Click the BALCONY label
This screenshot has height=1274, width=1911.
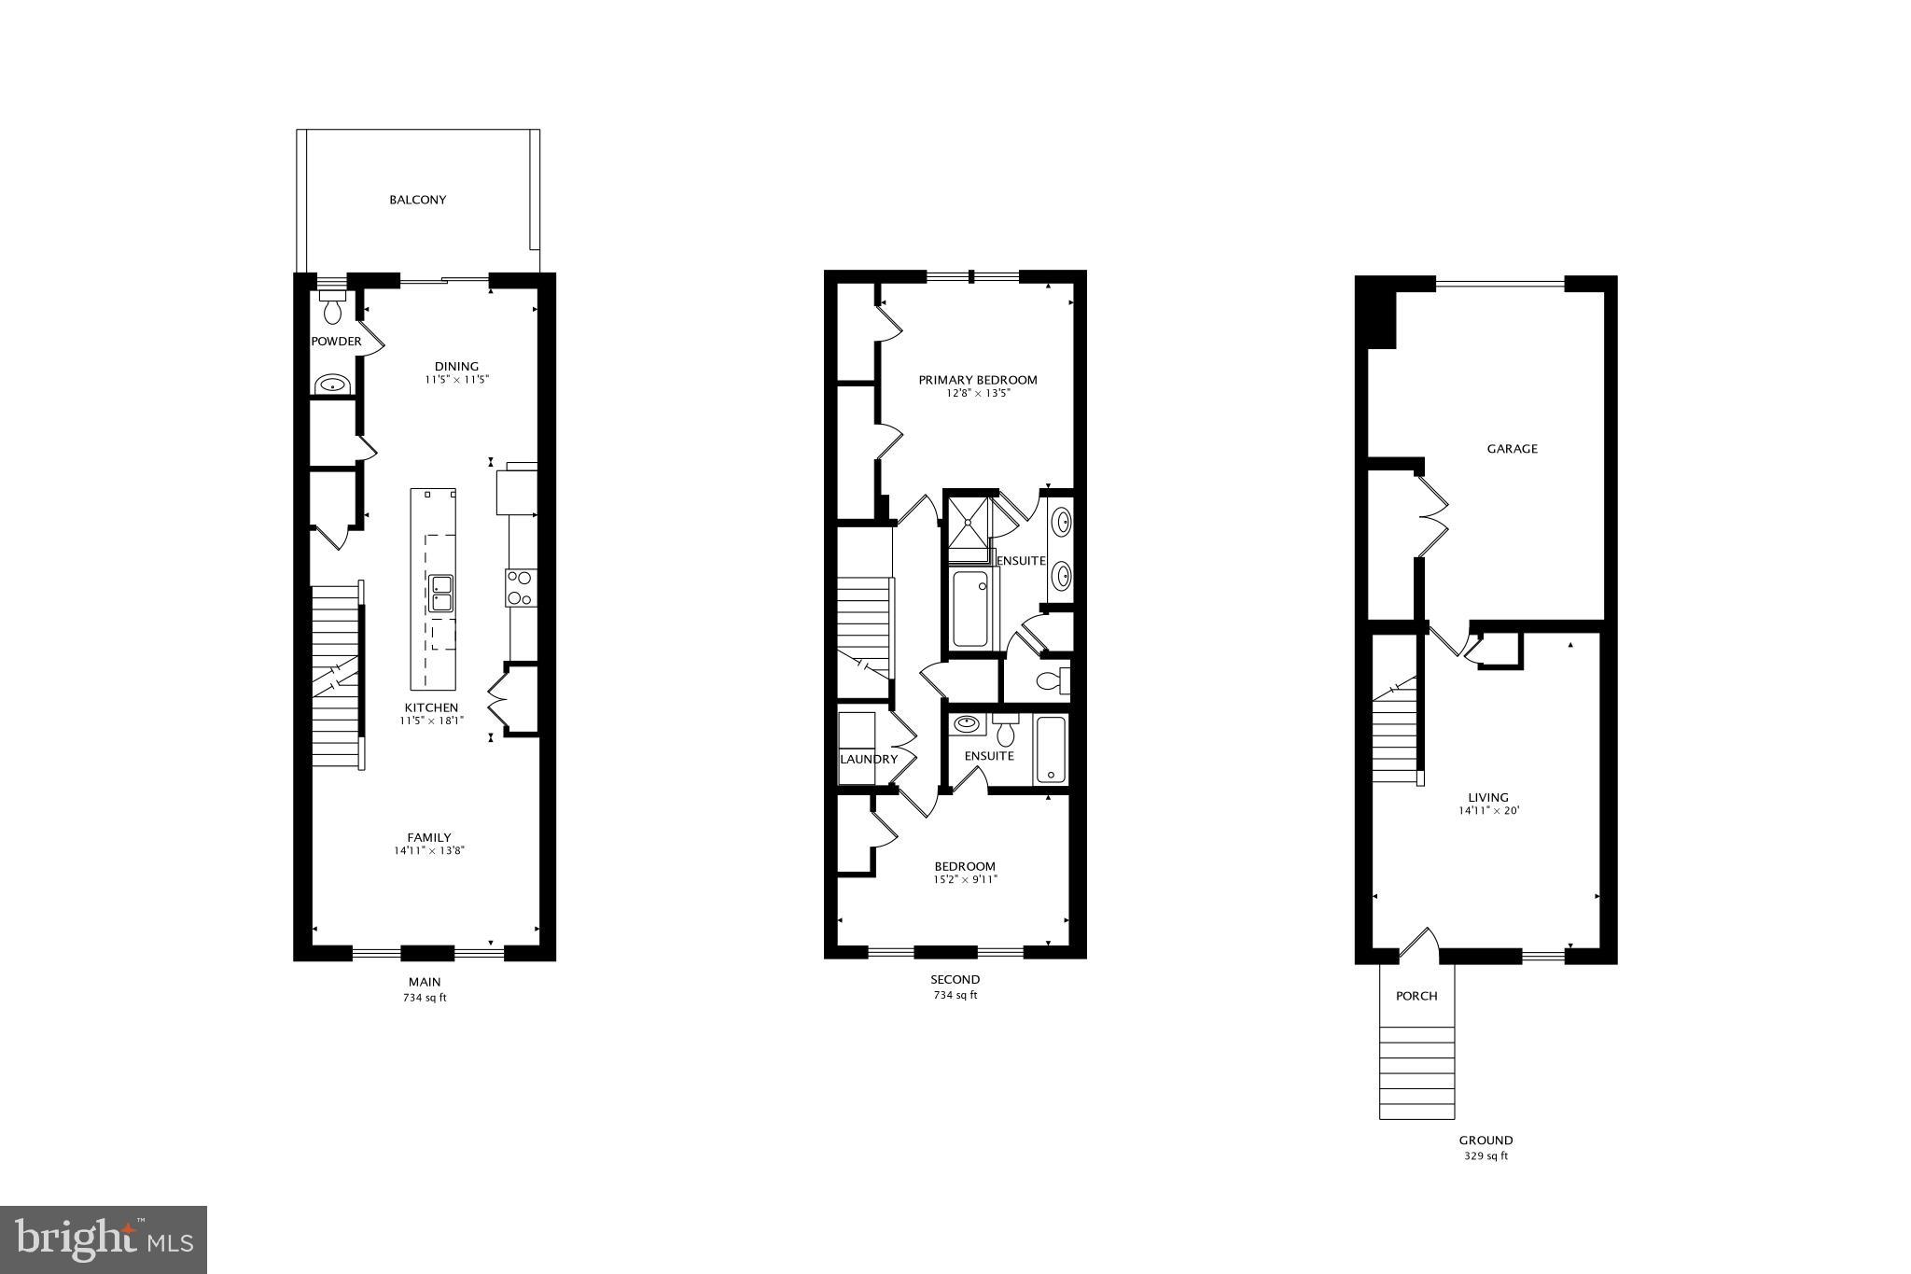(x=417, y=200)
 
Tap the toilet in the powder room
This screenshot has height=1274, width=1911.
(x=332, y=307)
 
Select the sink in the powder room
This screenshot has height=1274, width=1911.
(x=332, y=384)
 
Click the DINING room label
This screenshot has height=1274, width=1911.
(x=456, y=367)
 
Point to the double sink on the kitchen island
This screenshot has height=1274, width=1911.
(x=441, y=593)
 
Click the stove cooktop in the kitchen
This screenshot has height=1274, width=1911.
(x=520, y=587)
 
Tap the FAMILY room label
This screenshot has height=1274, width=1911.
(x=428, y=837)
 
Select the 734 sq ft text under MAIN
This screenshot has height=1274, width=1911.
(x=425, y=998)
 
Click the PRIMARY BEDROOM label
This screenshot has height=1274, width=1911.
(x=977, y=380)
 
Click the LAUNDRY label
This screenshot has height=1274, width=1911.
(x=868, y=759)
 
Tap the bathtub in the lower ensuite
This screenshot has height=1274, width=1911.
(x=1050, y=749)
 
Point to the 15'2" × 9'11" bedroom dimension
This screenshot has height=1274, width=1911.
(x=965, y=879)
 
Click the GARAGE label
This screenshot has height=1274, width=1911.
(x=1512, y=449)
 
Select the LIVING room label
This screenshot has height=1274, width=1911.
(x=1487, y=797)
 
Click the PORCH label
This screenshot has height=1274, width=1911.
(x=1416, y=996)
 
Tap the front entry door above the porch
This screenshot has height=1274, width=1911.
(x=1419, y=943)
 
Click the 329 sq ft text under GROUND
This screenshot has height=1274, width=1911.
(x=1486, y=1155)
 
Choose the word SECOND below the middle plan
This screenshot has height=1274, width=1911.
(x=955, y=979)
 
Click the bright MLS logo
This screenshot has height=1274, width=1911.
(x=104, y=1239)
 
